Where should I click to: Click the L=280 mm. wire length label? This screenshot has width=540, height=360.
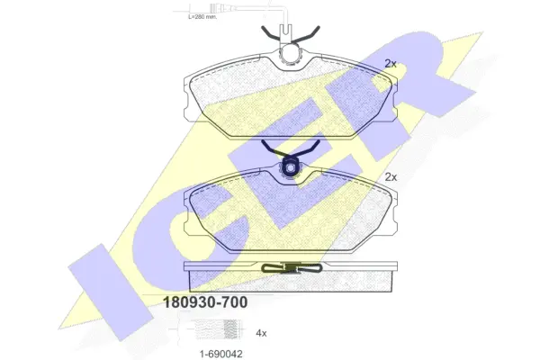tap(202, 16)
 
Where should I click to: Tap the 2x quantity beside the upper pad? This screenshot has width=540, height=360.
tap(391, 63)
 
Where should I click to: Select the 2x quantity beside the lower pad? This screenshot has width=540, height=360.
tap(391, 177)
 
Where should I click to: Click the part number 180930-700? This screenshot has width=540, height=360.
tap(204, 302)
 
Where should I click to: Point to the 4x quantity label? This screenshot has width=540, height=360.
tap(261, 333)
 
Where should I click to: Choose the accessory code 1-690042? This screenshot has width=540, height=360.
tap(221, 354)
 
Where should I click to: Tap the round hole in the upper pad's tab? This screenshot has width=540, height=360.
tap(291, 55)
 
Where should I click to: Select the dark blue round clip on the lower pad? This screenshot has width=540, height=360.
tap(291, 167)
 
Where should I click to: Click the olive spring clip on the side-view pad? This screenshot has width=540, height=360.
tap(292, 268)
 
